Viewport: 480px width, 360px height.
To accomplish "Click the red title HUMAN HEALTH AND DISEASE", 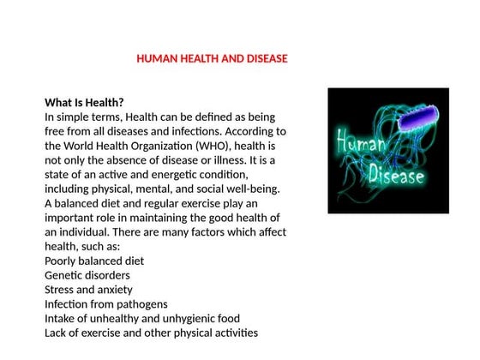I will point(212,59).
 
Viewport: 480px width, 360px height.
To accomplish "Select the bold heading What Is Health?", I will point(84,101).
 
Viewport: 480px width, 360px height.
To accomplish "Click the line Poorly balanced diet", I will point(94,260).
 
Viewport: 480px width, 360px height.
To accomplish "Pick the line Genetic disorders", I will point(87,275).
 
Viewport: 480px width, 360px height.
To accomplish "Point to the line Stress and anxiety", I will point(88,290).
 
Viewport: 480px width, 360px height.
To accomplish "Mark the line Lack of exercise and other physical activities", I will point(151,333).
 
